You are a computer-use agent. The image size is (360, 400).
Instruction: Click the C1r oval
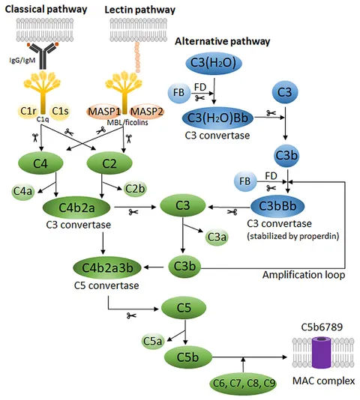point(28,111)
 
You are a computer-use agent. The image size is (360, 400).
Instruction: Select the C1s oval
point(60,111)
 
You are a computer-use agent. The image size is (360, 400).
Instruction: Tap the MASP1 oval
point(104,112)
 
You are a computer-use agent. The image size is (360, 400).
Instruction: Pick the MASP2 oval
point(146,112)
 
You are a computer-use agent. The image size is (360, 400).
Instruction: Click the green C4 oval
point(40,163)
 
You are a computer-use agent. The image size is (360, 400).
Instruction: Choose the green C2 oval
point(109,163)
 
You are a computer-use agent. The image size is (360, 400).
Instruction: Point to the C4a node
point(23,191)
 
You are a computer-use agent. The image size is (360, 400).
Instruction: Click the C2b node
point(135,189)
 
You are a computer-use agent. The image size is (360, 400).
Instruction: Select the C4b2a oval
point(76,207)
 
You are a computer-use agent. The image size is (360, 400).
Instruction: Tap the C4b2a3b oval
point(107,267)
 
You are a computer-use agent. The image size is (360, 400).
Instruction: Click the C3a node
point(217,237)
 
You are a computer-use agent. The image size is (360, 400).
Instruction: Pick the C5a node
point(152,341)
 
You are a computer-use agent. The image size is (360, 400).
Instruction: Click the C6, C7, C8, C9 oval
point(243,384)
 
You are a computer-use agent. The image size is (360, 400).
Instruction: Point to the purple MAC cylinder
point(322,353)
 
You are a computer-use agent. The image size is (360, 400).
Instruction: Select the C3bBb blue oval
point(277,206)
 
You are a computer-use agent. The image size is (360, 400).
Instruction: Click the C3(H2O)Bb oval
point(217,118)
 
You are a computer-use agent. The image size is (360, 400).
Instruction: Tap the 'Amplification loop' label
point(304,275)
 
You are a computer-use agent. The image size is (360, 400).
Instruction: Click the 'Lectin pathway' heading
point(139,10)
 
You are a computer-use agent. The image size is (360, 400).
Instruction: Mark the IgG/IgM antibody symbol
point(43,56)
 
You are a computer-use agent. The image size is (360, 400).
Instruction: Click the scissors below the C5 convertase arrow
point(131,316)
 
